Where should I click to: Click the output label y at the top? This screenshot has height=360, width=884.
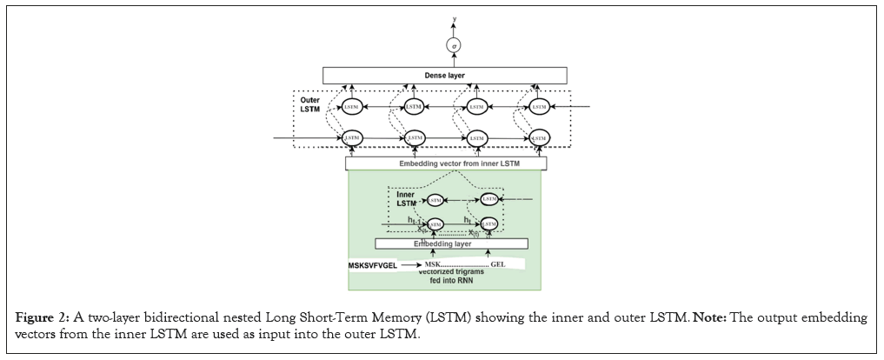tap(450, 17)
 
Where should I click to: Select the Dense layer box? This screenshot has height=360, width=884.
tap(444, 76)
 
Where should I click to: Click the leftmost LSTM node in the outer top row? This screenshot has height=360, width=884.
tap(351, 106)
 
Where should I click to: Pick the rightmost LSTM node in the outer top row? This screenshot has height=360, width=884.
tap(539, 106)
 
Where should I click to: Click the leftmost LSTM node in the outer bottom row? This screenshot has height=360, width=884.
tap(351, 137)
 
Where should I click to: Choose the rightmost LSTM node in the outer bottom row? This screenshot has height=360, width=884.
tap(539, 137)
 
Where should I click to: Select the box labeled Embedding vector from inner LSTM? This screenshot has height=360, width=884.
tap(446, 163)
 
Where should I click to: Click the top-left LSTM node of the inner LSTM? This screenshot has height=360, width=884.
tap(435, 200)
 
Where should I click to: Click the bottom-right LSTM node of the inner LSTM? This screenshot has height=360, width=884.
tap(489, 224)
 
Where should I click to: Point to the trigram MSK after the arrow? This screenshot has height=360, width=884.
tap(433, 263)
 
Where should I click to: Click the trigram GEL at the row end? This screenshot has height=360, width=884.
tap(498, 263)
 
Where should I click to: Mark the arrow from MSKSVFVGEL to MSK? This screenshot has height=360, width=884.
tap(408, 263)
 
